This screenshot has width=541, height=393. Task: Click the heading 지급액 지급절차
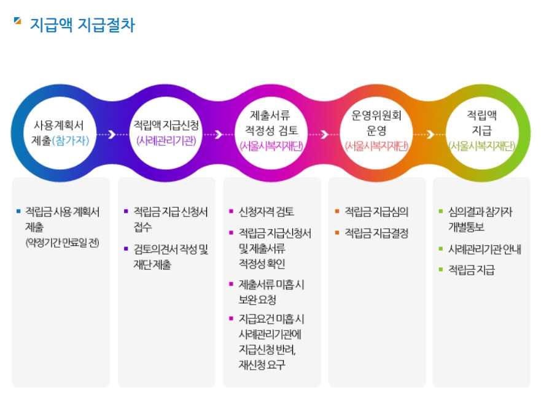click(82, 26)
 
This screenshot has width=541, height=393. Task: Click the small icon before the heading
click(17, 21)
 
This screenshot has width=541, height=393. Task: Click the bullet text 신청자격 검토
click(266, 212)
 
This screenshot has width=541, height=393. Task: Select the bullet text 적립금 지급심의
click(376, 212)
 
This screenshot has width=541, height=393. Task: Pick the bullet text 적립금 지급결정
click(376, 233)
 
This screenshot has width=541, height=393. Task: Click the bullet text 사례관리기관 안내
click(485, 250)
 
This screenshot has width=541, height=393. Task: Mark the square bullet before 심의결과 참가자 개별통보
click(441, 212)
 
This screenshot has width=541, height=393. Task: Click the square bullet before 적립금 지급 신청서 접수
click(125, 212)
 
